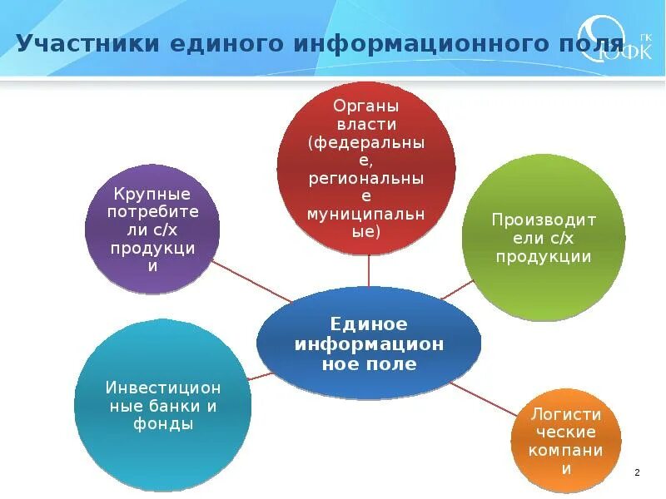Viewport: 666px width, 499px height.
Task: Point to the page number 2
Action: pyautogui.click(x=637, y=472)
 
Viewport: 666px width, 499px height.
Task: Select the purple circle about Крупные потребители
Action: pyautogui.click(x=153, y=228)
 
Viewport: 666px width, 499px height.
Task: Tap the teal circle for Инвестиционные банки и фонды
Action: pyautogui.click(x=162, y=405)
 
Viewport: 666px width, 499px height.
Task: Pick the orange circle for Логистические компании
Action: pyautogui.click(x=566, y=439)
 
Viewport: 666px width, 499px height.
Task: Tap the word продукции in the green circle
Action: pyautogui.click(x=543, y=257)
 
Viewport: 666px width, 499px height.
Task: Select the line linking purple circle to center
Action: pyautogui.click(x=250, y=280)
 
